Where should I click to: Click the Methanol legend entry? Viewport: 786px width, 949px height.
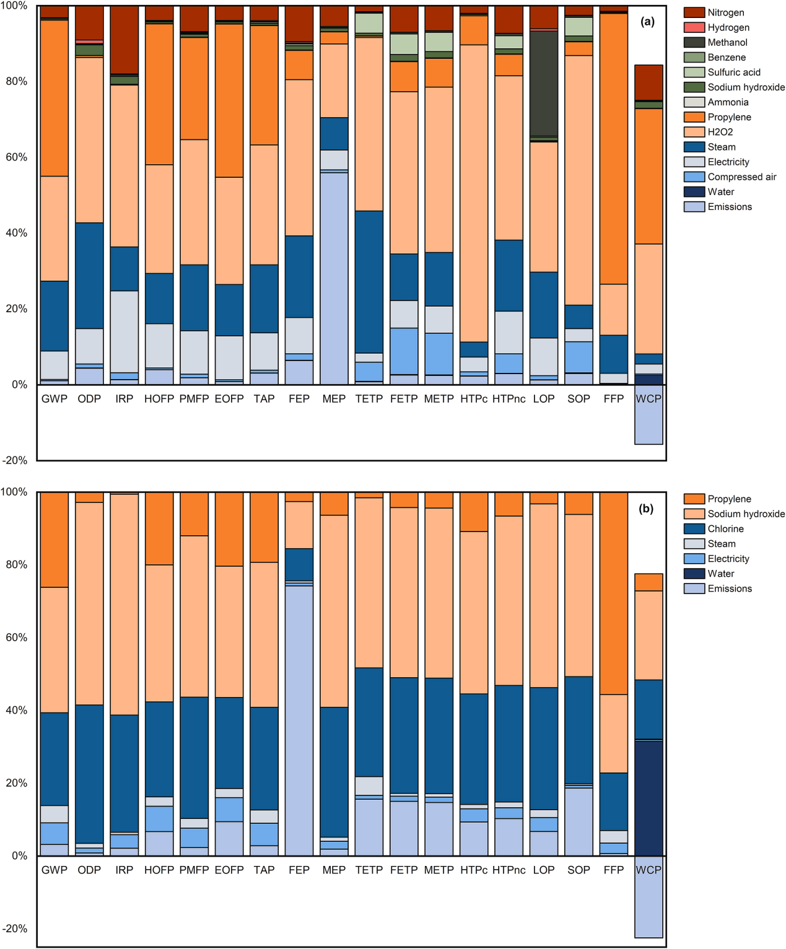pos(727,43)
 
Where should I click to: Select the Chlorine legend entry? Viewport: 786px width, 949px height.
pos(725,529)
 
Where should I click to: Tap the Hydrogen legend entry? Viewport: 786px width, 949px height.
pos(728,28)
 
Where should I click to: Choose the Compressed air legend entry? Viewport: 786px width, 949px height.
pos(741,177)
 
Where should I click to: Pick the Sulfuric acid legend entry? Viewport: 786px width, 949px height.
pos(734,72)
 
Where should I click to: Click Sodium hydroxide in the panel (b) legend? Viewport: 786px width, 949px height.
pos(746,514)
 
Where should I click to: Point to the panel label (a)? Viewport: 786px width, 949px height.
pos(647,22)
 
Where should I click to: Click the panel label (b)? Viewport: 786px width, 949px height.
pos(646,509)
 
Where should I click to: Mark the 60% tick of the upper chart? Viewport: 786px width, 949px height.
pos(16,157)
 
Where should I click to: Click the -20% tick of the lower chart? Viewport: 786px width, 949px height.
pos(15,929)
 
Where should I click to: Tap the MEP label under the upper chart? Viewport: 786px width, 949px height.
pos(334,399)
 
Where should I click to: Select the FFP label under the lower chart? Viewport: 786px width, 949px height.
pos(613,870)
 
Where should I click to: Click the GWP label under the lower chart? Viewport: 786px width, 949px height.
pos(55,870)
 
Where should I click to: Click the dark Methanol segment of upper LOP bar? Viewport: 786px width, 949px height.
pos(544,83)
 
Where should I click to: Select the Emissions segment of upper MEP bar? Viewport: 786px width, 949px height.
pos(334,279)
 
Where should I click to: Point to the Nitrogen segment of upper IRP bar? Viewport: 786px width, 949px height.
pos(124,40)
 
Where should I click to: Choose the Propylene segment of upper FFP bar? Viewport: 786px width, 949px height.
pos(613,149)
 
